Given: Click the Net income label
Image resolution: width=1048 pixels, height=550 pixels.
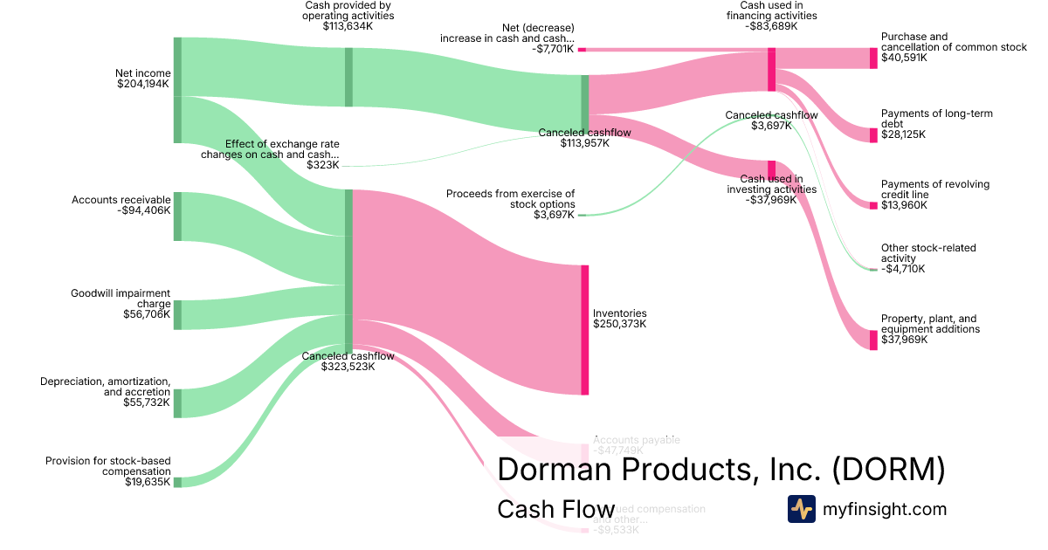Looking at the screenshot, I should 143,73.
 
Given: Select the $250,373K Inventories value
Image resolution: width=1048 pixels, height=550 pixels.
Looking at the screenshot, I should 619,324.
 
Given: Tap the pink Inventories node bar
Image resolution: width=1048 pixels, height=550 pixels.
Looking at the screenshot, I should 584,330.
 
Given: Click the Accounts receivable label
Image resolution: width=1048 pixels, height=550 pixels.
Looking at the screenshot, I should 121,200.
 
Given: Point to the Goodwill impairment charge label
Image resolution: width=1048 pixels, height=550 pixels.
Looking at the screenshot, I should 121,299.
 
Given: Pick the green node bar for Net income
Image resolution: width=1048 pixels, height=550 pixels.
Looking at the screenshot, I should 177,90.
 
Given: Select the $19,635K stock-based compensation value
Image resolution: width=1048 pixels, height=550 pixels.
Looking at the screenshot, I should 148,482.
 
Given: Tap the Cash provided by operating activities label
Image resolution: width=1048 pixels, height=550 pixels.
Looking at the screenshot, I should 348,10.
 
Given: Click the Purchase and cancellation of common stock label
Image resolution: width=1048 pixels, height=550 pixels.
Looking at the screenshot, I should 954,42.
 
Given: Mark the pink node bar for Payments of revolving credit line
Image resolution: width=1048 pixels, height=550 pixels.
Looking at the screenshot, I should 873,205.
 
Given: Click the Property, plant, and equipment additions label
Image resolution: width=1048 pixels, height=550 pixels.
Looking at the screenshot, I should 930,324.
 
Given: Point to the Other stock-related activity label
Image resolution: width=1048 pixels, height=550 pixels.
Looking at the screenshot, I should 928,253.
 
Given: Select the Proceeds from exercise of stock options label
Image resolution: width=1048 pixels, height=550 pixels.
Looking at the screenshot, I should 511,199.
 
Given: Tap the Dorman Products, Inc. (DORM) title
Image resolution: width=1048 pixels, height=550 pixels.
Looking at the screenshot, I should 720,470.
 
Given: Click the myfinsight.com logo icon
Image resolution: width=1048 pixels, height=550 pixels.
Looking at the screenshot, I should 801,509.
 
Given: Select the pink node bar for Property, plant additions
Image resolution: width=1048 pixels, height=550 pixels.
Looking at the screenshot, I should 873,340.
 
